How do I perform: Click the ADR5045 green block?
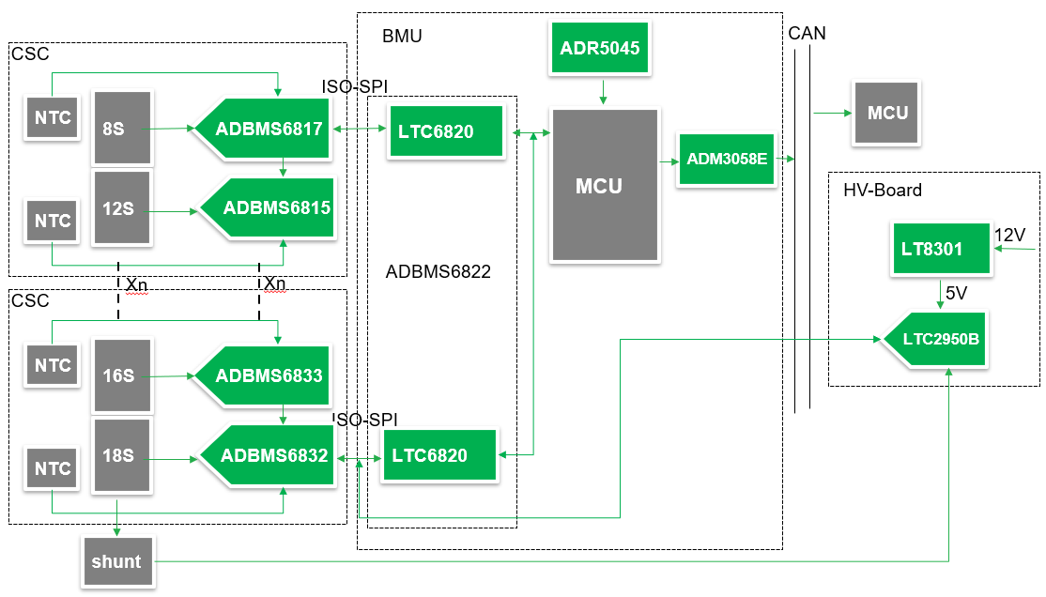pyautogui.click(x=601, y=49)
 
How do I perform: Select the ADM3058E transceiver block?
pyautogui.click(x=727, y=160)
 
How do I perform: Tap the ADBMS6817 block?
pyautogui.click(x=265, y=129)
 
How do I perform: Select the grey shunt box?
pyautogui.click(x=116, y=562)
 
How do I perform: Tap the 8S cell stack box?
pyautogui.click(x=121, y=128)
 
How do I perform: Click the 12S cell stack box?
pyautogui.click(x=121, y=208)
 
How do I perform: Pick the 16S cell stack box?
pyautogui.click(x=121, y=375)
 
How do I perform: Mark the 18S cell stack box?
pyautogui.click(x=121, y=456)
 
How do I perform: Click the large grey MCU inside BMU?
pyautogui.click(x=604, y=185)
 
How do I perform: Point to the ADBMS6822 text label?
pyautogui.click(x=438, y=272)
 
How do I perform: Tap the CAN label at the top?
pyautogui.click(x=808, y=34)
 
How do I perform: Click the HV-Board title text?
pyautogui.click(x=883, y=191)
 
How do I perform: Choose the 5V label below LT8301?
pyautogui.click(x=957, y=293)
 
